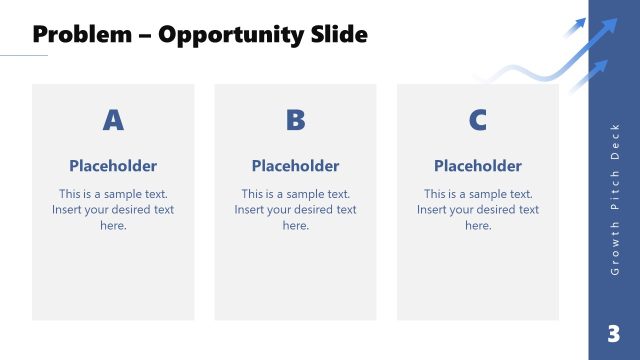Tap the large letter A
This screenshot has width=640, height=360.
(x=113, y=121)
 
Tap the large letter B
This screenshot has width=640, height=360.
(x=295, y=121)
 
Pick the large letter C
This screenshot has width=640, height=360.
(x=477, y=121)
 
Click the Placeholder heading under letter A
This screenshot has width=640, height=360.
(x=113, y=166)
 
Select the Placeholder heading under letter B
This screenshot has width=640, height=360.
(x=295, y=166)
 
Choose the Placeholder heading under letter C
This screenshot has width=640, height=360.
(x=477, y=166)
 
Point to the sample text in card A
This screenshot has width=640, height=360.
(x=113, y=209)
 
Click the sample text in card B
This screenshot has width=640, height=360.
(x=295, y=209)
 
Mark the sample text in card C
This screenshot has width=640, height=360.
(x=477, y=209)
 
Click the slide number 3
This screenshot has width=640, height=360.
(x=614, y=333)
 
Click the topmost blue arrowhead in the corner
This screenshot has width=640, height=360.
(x=581, y=22)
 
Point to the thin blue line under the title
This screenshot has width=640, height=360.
(x=24, y=56)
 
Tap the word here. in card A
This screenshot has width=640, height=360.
(x=113, y=225)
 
